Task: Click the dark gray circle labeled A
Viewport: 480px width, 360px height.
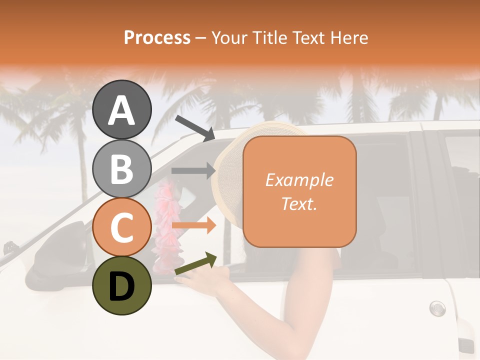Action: pos(122,109)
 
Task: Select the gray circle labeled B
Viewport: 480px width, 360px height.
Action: pos(122,168)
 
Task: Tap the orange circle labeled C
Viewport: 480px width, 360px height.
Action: pos(122,227)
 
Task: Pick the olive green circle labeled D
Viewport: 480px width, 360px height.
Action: pos(122,285)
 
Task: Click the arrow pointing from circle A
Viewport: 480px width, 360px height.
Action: pos(194,128)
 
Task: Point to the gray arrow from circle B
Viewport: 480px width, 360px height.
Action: pos(193,171)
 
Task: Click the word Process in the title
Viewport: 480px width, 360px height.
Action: pos(157,37)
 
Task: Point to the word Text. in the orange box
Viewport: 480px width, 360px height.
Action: pos(299,203)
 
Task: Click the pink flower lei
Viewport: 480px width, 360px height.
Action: pos(164,225)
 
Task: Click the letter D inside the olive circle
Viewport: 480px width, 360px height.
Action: pos(122,286)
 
